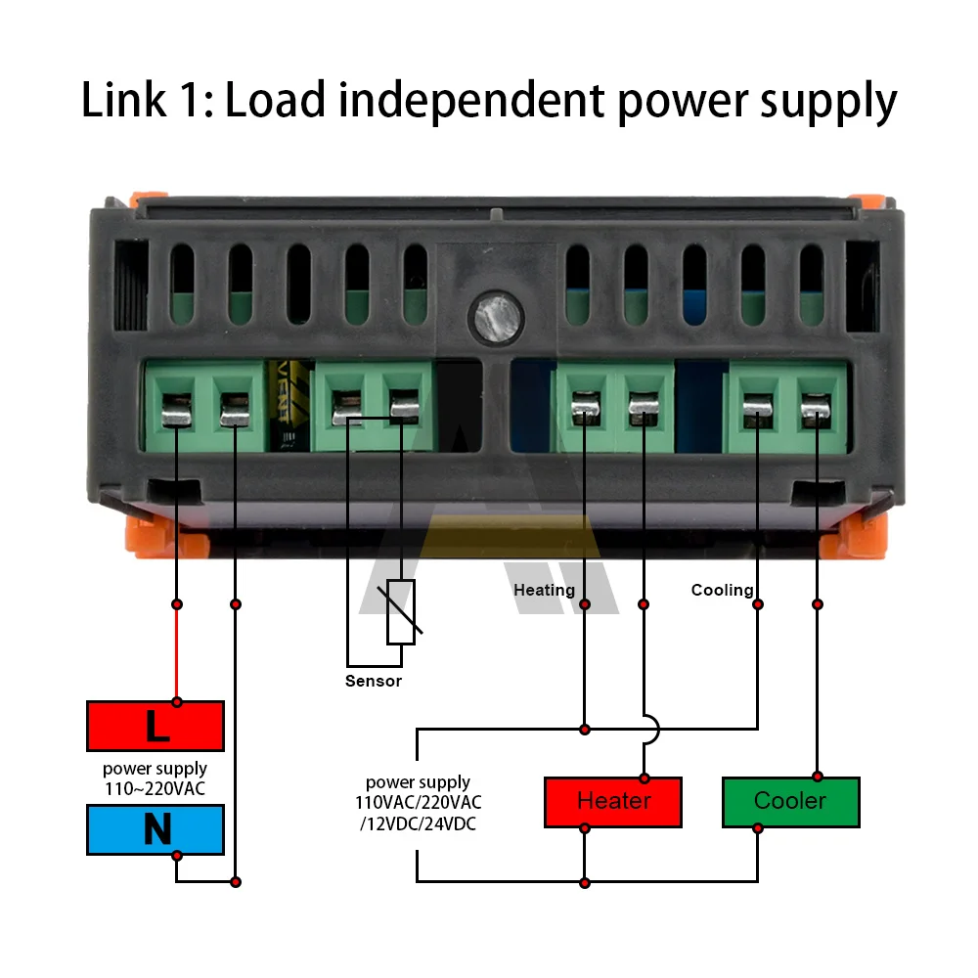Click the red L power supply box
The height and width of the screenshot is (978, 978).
[x=156, y=726]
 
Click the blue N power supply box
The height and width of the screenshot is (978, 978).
[x=156, y=829]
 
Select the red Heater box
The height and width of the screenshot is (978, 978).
[x=613, y=802]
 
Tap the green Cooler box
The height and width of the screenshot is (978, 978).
[x=791, y=802]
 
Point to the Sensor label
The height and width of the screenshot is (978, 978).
[x=374, y=681]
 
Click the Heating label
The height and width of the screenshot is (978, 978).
[x=544, y=590]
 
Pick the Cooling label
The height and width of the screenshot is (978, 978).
[x=723, y=590]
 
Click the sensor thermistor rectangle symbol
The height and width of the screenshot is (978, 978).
[x=401, y=612]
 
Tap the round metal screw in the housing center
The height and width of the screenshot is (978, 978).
[x=497, y=318]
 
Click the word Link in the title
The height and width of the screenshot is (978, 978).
[x=123, y=100]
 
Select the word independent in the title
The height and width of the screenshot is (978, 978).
[x=471, y=101]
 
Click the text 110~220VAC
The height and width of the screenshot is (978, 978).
[x=155, y=789]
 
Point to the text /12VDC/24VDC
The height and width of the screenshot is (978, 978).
[x=418, y=823]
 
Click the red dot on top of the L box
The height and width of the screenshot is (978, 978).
[x=177, y=702]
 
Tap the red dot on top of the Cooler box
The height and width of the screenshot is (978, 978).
[x=818, y=777]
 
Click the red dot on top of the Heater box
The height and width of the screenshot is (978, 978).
[x=645, y=778]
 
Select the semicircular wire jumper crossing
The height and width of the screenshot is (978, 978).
[x=651, y=729]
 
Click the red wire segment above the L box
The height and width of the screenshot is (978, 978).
[x=177, y=653]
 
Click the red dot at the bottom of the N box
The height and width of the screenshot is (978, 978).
[x=177, y=856]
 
